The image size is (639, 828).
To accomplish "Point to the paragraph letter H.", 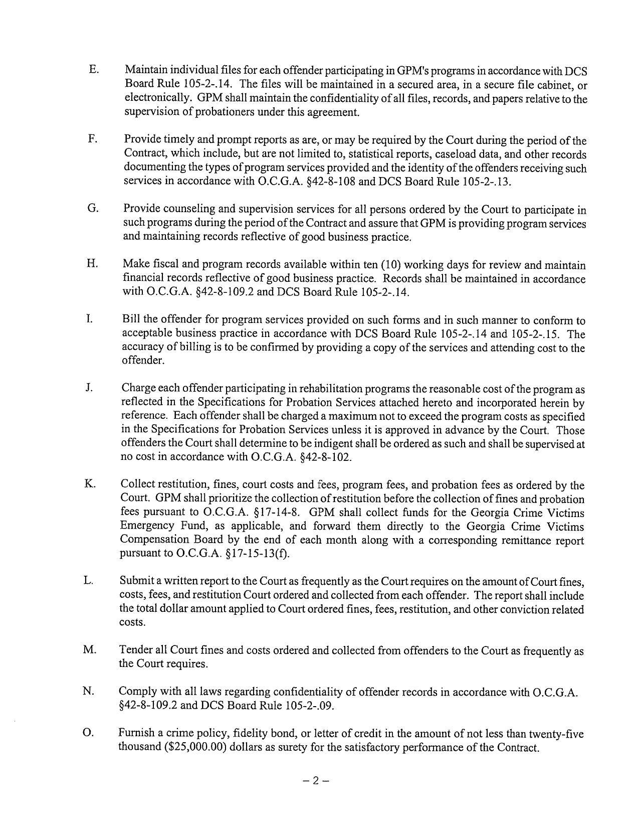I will [x=91, y=264].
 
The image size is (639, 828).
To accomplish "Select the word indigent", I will [x=335, y=444].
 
